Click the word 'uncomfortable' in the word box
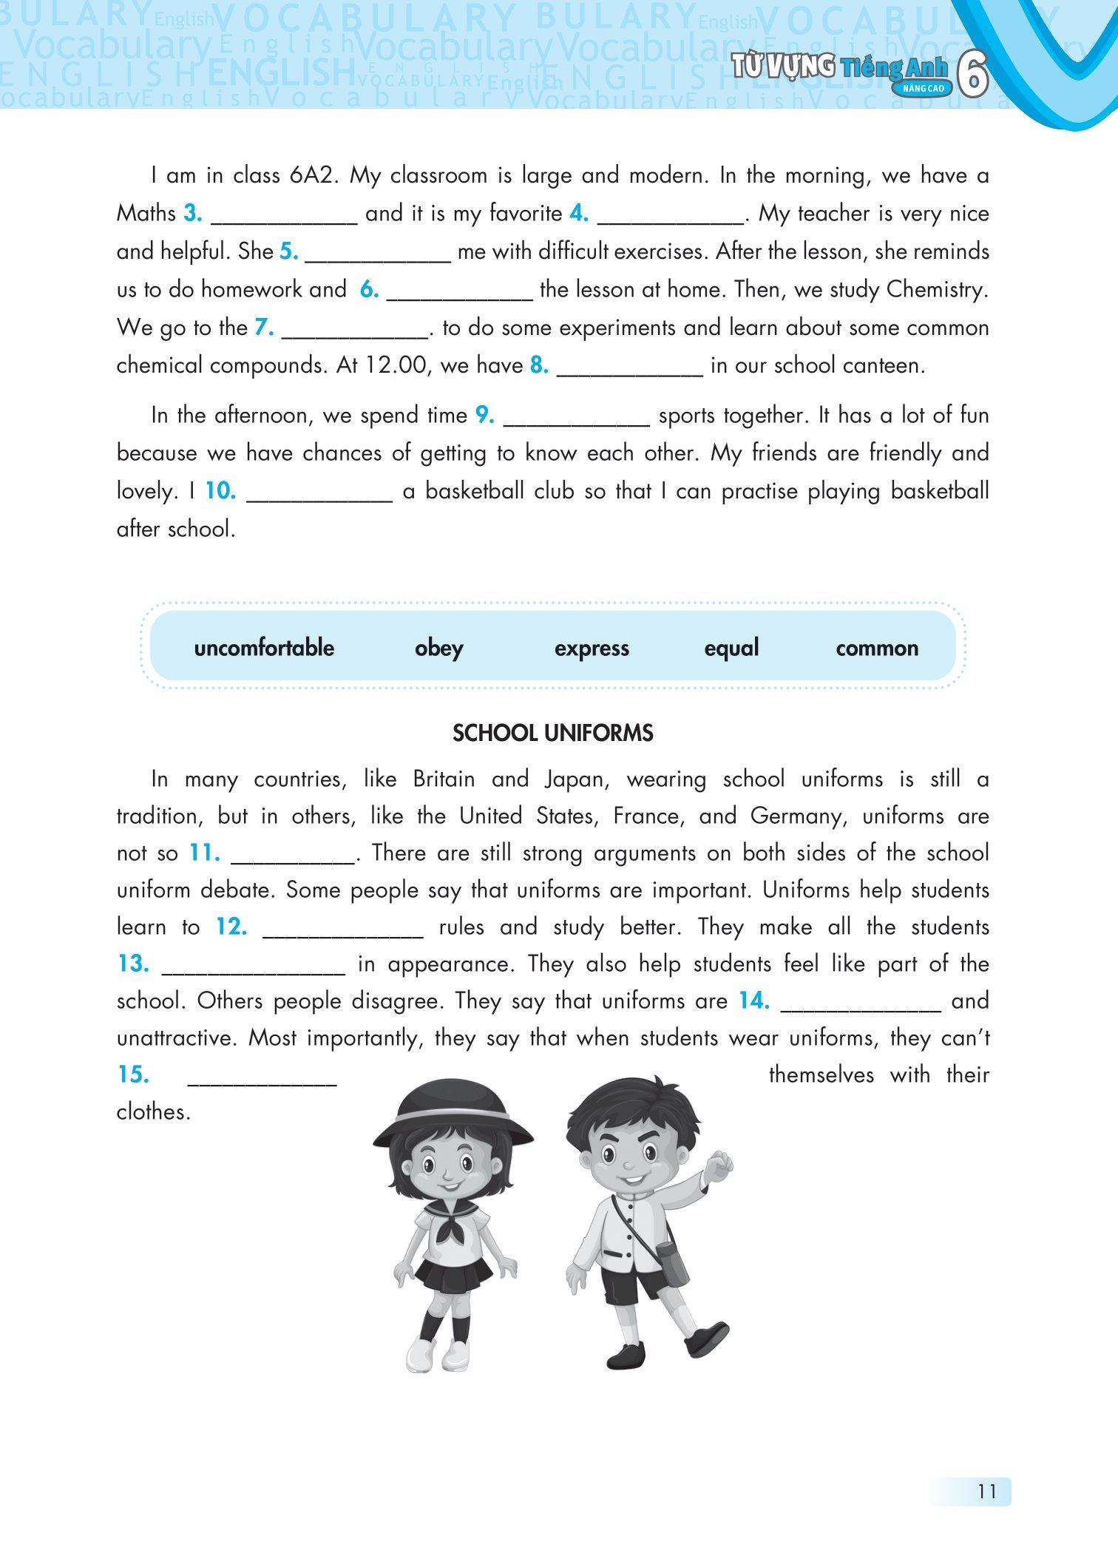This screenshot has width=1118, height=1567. click(x=264, y=648)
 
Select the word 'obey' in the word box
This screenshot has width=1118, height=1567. click(x=438, y=649)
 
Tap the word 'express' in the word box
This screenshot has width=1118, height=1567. click(x=592, y=649)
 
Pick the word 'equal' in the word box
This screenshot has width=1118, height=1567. click(x=731, y=649)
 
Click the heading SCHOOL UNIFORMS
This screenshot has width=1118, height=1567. click(x=552, y=733)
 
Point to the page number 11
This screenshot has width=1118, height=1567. click(x=986, y=1491)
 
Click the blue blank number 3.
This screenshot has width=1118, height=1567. click(x=193, y=214)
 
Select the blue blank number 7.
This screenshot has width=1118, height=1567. click(x=264, y=328)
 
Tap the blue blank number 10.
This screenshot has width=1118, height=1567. click(x=220, y=491)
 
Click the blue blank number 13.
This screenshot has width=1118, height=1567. click(x=134, y=964)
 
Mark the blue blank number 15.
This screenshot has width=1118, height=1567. click(x=134, y=1074)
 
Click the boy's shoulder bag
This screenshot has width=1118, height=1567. click(x=671, y=1265)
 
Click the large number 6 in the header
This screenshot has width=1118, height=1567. click(x=972, y=75)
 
